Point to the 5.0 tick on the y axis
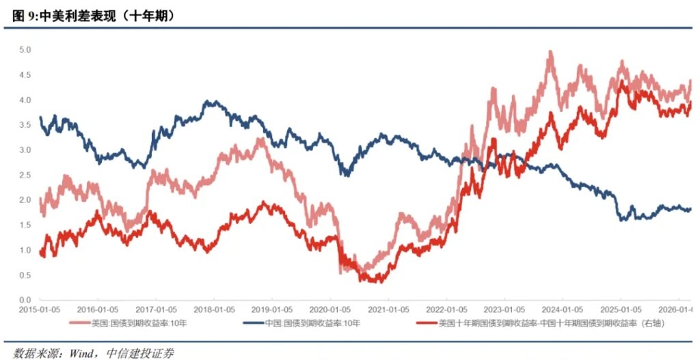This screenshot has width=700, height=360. point(25,50)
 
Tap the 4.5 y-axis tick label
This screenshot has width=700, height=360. point(25,75)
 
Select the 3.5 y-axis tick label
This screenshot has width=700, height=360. point(25,125)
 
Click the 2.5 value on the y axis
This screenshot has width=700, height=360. point(25,175)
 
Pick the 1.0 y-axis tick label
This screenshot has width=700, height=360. point(25,250)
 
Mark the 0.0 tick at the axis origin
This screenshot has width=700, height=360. point(25,300)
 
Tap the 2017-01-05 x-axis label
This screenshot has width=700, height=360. point(157,309)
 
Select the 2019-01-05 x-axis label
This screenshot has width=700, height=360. point(272,309)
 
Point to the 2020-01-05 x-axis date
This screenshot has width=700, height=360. point(330,309)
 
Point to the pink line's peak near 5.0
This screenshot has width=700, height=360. point(550,52)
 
